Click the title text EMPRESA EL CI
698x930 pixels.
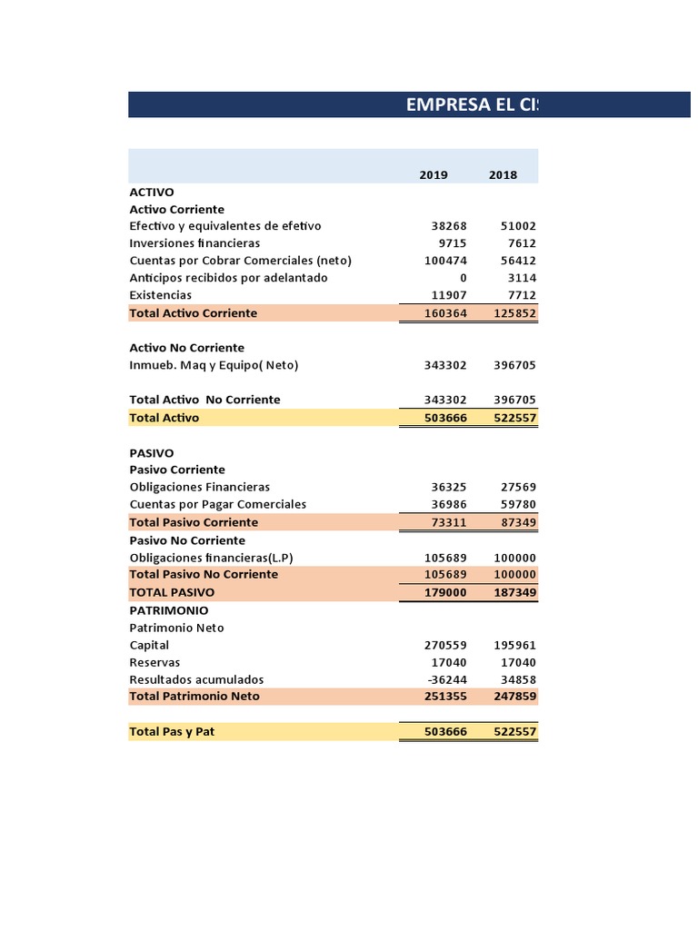pyautogui.click(x=472, y=104)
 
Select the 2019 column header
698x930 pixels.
pyautogui.click(x=434, y=175)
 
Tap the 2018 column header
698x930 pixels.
pyautogui.click(x=503, y=175)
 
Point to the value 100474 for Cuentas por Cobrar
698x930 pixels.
pyautogui.click(x=445, y=261)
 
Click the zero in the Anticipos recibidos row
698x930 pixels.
pyautogui.click(x=463, y=278)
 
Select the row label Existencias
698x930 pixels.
pyautogui.click(x=161, y=295)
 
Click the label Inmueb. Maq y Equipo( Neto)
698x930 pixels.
pyautogui.click(x=214, y=365)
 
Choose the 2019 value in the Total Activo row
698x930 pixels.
pyautogui.click(x=445, y=418)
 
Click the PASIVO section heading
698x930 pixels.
pyautogui.click(x=152, y=452)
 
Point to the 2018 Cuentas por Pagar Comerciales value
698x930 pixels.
pyautogui.click(x=518, y=504)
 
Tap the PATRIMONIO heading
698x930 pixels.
pyautogui.click(x=169, y=610)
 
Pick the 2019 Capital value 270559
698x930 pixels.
pyautogui.click(x=445, y=645)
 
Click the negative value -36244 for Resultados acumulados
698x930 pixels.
pyautogui.click(x=447, y=679)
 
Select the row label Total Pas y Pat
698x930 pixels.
pyautogui.click(x=172, y=731)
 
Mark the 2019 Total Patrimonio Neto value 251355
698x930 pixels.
pyautogui.click(x=445, y=697)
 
